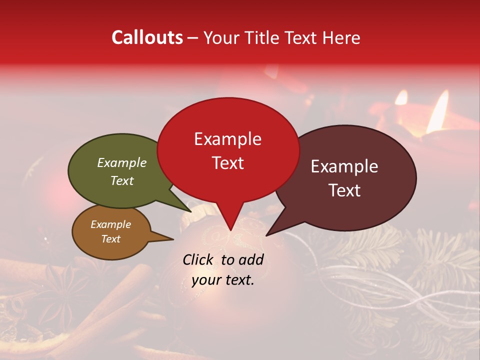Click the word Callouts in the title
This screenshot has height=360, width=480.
[x=147, y=37]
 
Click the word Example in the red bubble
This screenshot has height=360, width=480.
[x=227, y=139]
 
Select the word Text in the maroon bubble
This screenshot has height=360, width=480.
[x=344, y=190]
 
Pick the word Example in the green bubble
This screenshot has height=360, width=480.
[x=121, y=163]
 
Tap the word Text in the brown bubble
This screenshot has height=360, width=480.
[x=110, y=239]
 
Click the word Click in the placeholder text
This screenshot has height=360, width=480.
[x=199, y=259]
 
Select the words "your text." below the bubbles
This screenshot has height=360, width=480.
[x=223, y=280]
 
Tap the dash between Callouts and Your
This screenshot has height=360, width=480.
[x=193, y=38]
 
